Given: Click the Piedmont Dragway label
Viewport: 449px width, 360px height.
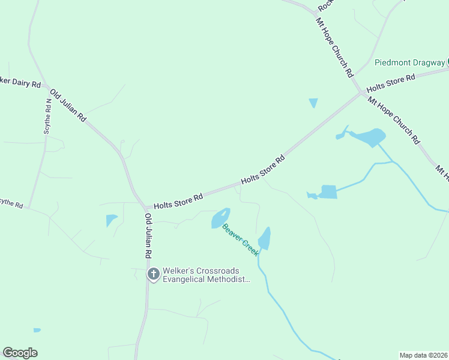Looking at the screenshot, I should (x=410, y=62).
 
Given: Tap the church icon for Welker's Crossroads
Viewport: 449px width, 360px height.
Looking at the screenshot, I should (x=153, y=275).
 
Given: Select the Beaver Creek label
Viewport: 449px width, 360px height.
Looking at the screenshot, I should (x=241, y=239).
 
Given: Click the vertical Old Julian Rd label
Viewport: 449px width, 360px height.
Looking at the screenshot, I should (x=148, y=235).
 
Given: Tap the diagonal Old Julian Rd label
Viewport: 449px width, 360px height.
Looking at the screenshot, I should (x=68, y=106).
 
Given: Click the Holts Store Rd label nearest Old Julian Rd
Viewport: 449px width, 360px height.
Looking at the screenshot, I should (x=178, y=200).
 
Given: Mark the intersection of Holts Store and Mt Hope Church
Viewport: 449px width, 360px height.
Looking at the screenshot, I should (x=361, y=92).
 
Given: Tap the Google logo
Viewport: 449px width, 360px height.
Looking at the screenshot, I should (x=20, y=353).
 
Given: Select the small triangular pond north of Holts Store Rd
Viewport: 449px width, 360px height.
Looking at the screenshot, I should (x=313, y=103).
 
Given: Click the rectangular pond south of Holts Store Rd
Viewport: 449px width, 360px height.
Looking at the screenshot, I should (x=328, y=192).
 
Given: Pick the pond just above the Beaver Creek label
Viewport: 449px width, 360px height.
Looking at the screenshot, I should (x=220, y=218).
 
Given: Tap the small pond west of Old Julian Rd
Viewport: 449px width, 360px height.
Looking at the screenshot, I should (x=111, y=220).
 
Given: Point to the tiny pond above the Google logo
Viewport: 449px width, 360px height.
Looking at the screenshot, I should (x=37, y=330).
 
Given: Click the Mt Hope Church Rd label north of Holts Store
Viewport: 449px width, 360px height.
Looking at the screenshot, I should (x=334, y=47).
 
